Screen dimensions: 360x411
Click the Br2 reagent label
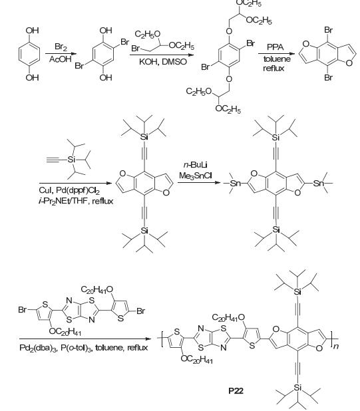coord(61,47)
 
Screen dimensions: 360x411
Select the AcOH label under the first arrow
coord(60,59)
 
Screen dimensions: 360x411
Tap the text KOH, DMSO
coord(163,62)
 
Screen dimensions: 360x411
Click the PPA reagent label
coord(275,47)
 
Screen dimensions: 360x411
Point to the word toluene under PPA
coord(277,59)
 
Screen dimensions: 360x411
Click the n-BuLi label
coord(196,165)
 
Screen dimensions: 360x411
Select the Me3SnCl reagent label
coord(196,176)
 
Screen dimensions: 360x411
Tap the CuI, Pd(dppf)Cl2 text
coord(69,191)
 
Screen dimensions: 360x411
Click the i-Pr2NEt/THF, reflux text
coord(76,202)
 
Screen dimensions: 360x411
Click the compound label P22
coord(236,391)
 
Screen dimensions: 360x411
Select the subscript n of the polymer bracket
coord(337,346)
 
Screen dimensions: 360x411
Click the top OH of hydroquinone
coord(32,31)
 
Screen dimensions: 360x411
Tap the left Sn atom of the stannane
coord(235,183)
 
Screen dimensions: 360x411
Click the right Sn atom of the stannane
coord(319,183)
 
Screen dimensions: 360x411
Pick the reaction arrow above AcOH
coord(61,54)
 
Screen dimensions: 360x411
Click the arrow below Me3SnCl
coord(199,182)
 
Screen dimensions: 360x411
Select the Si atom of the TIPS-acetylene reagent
coord(71,160)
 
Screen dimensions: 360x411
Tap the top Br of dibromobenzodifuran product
coord(328,30)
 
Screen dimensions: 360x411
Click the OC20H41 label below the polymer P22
coord(197,359)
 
